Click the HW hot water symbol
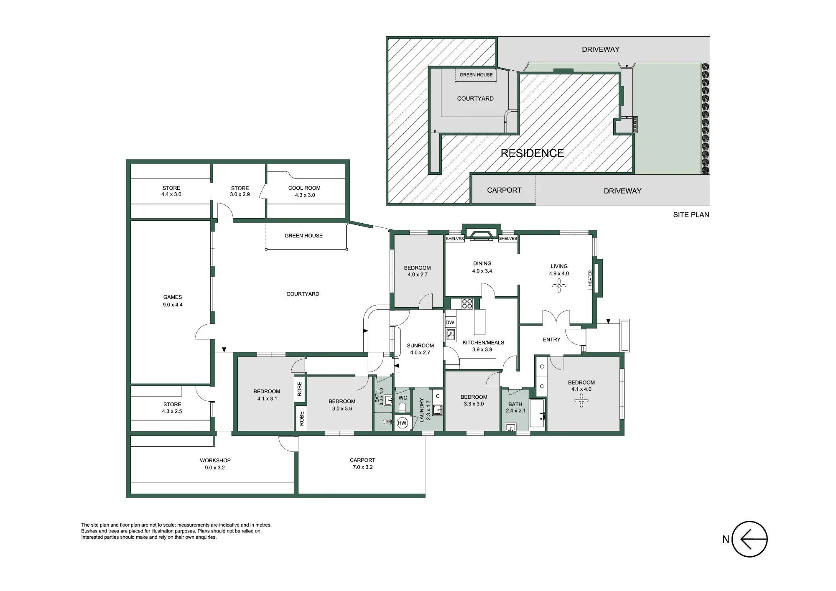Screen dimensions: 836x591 pyautogui.click(x=402, y=423)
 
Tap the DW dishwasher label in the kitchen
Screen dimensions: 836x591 pyautogui.click(x=450, y=322)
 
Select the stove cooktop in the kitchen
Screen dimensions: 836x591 pyautogui.click(x=467, y=303)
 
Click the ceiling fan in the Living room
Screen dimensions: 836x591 pyautogui.click(x=559, y=286)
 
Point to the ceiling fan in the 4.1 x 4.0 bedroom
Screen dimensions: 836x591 pyautogui.click(x=581, y=401)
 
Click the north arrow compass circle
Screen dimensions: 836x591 pyautogui.click(x=750, y=539)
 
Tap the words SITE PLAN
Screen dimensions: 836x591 pyautogui.click(x=691, y=215)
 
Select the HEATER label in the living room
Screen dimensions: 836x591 pyautogui.click(x=590, y=278)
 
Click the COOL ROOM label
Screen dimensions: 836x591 pyautogui.click(x=304, y=188)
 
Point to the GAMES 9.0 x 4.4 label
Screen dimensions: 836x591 pyautogui.click(x=173, y=301)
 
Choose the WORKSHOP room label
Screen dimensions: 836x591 pyautogui.click(x=215, y=461)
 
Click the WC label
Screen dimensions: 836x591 pyautogui.click(x=403, y=398)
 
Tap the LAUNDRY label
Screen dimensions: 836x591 pyautogui.click(x=421, y=410)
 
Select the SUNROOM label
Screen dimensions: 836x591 pyautogui.click(x=421, y=346)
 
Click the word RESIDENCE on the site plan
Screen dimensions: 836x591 pyautogui.click(x=533, y=153)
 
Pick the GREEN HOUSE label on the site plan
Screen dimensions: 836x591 pyautogui.click(x=476, y=75)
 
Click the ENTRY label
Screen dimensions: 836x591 pyautogui.click(x=552, y=340)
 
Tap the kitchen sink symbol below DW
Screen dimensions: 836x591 pyautogui.click(x=450, y=334)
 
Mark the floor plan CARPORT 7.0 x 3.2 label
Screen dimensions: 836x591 pyautogui.click(x=362, y=464)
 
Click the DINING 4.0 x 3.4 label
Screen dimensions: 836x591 pyautogui.click(x=482, y=267)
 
